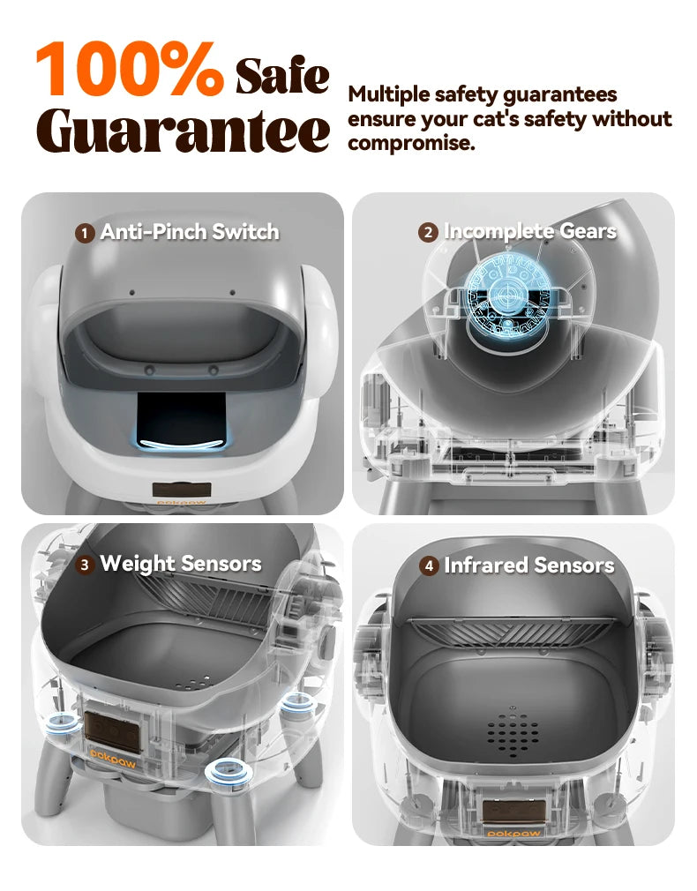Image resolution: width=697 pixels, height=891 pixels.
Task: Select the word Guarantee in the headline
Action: (x=183, y=131)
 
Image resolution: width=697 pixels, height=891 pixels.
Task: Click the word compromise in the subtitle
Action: (x=411, y=143)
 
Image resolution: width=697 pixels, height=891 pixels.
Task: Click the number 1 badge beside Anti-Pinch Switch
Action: (x=85, y=233)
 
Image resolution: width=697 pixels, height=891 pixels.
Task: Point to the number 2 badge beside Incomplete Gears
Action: (x=428, y=232)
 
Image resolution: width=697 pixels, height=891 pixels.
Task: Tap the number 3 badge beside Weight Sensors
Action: (x=85, y=565)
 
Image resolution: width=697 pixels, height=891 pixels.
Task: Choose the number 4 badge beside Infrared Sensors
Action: (x=430, y=566)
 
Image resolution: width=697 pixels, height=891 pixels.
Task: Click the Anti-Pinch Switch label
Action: (x=190, y=232)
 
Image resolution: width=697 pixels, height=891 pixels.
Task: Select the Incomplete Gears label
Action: (x=530, y=231)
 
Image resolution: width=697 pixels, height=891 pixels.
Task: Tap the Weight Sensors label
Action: (x=181, y=564)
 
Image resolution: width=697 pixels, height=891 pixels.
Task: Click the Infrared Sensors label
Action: (x=529, y=565)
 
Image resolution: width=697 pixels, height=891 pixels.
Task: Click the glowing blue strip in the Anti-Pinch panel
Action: (x=182, y=444)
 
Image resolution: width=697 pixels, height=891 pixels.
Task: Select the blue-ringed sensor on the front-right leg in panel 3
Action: (x=226, y=772)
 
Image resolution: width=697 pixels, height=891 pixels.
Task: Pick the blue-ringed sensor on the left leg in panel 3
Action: (x=64, y=726)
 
